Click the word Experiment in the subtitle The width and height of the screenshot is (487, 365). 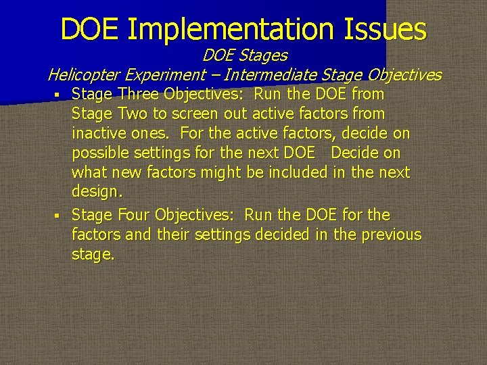point(170,74)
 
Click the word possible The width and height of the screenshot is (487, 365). point(101,153)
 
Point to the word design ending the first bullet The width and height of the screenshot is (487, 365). point(95,191)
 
